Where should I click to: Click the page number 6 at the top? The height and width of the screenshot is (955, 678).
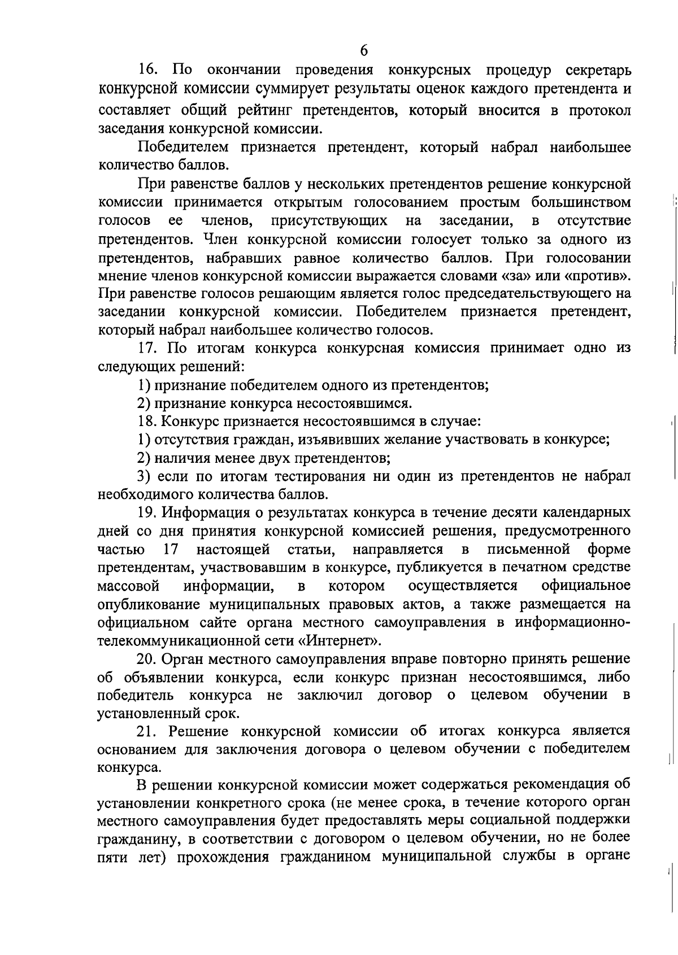pos(364,51)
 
